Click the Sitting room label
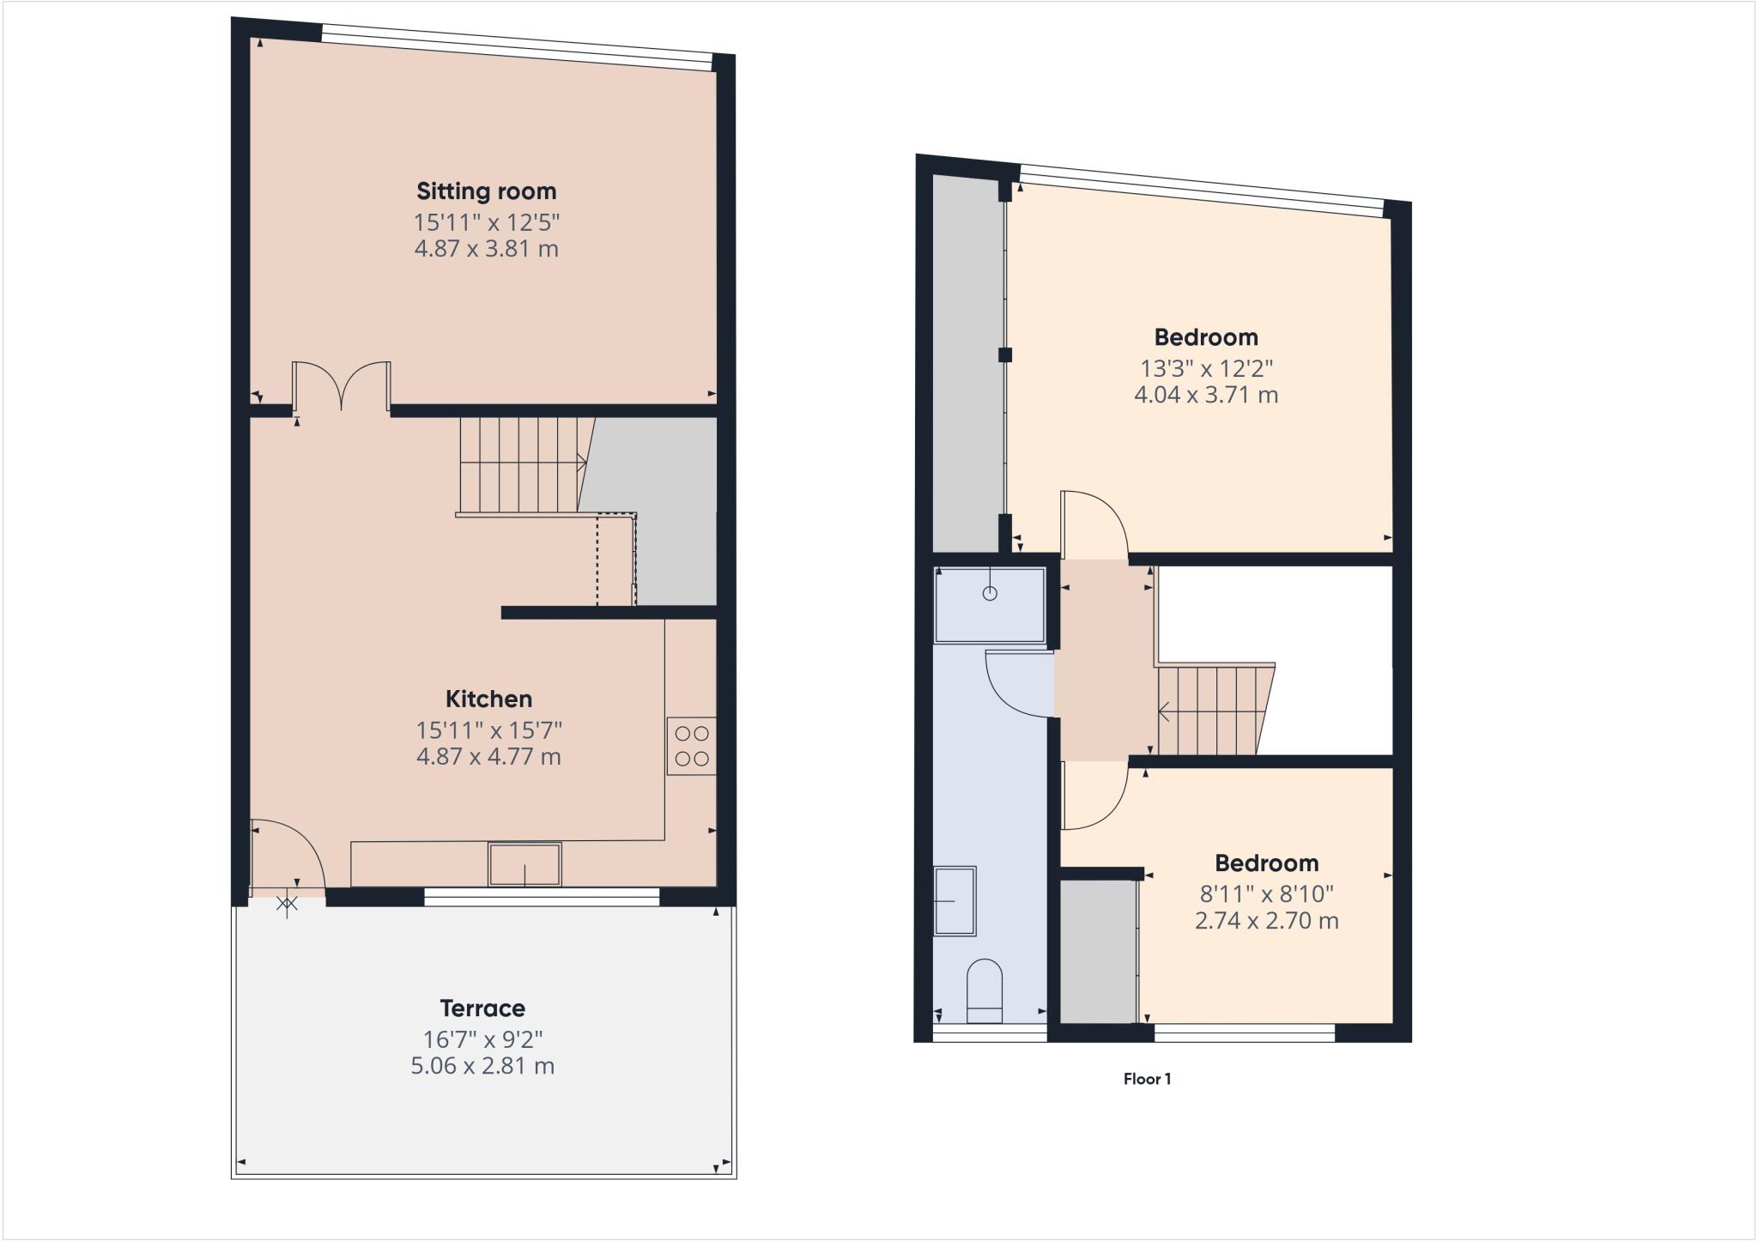(486, 191)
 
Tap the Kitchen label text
(488, 699)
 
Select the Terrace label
(482, 1008)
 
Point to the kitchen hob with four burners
(691, 746)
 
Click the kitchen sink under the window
(524, 863)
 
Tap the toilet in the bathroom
(985, 990)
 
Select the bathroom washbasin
(955, 900)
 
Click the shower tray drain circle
(990, 593)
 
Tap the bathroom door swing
(1020, 683)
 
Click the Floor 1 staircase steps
(1210, 710)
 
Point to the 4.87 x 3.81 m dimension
(486, 249)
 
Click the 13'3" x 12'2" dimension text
(1206, 368)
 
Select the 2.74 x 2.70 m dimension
(1266, 921)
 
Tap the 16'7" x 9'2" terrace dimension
(482, 1039)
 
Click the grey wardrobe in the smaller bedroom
(1098, 950)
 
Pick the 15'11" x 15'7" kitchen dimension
(488, 730)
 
